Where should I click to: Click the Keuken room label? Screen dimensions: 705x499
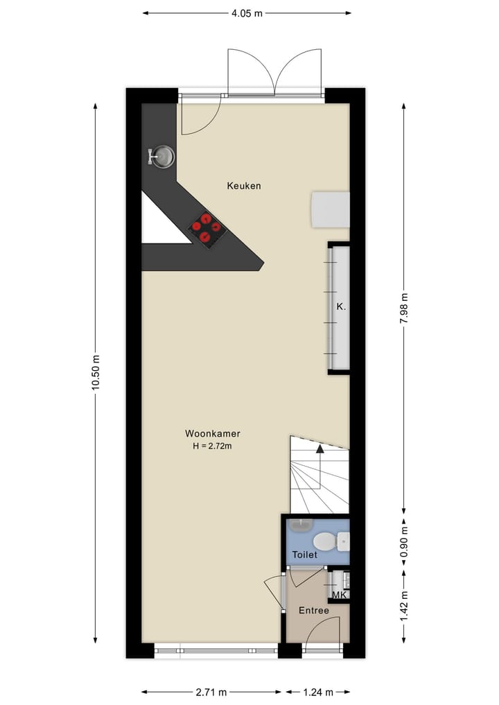click(x=244, y=186)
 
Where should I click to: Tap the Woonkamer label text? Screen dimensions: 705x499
click(x=212, y=434)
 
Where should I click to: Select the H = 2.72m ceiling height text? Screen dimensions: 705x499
click(x=212, y=446)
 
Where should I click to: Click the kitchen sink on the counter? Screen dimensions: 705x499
click(x=163, y=156)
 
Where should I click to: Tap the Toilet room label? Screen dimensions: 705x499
click(x=304, y=555)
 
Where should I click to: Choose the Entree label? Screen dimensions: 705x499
click(x=313, y=611)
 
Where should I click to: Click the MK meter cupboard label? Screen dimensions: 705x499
click(x=339, y=595)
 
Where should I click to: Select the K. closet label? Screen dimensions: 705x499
click(x=340, y=306)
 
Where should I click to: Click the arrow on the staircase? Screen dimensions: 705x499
click(x=319, y=449)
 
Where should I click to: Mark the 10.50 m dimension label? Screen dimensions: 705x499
click(x=96, y=373)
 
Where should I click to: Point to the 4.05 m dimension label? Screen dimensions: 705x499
click(x=246, y=12)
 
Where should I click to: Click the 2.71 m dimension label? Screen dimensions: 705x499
click(x=211, y=692)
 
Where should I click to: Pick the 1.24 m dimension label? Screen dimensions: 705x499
click(x=319, y=692)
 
